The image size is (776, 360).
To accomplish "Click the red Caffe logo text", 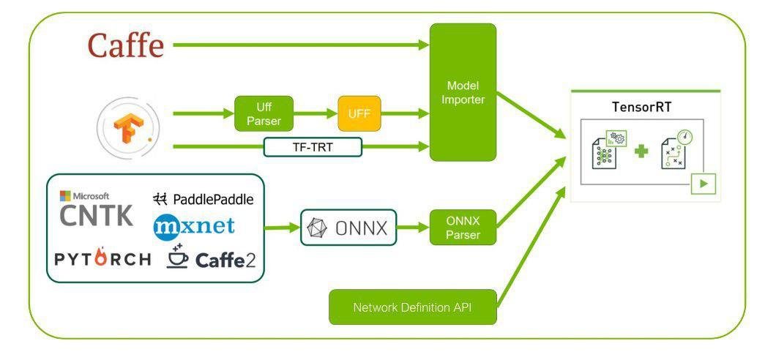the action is tap(126, 45).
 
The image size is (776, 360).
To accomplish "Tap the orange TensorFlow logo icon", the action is tap(126, 126).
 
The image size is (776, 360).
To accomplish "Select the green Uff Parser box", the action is tap(264, 113).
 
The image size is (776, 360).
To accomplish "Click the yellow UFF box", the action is tap(359, 113).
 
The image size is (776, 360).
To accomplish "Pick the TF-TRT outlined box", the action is tap(313, 147).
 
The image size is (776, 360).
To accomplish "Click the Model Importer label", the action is tap(463, 92).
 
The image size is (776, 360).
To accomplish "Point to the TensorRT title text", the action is tap(641, 108).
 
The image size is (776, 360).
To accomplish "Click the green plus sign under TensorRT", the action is tap(641, 151).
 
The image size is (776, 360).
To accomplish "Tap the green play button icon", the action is tap(704, 184).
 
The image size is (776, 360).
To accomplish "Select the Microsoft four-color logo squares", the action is tap(65, 196).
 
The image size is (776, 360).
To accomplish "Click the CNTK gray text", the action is tap(97, 216).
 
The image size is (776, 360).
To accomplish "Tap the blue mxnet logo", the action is tap(194, 226).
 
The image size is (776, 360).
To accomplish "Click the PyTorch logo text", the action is tap(102, 258).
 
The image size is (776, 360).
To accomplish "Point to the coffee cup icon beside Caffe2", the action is tap(177, 256).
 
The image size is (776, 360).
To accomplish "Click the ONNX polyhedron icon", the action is tap(317, 228).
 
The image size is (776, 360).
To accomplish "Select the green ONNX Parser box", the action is tap(463, 227).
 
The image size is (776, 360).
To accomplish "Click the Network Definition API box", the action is tap(413, 307).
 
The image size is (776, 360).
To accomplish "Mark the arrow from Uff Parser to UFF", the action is tap(316, 113).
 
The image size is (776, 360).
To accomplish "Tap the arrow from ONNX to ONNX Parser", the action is tap(413, 228).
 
